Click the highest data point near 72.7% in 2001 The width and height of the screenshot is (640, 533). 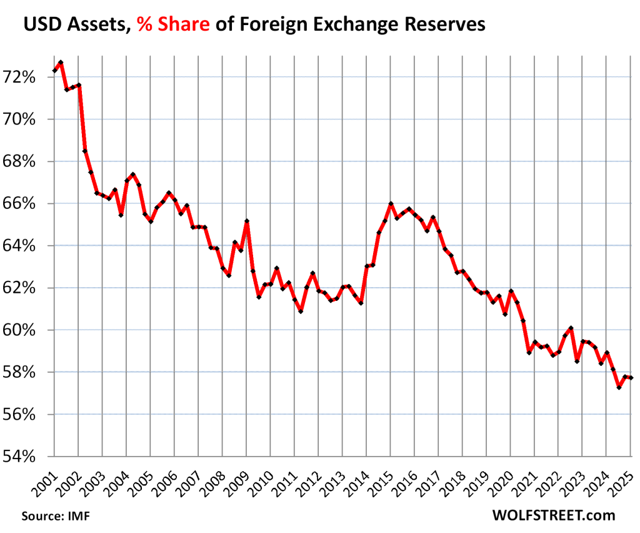coord(61,63)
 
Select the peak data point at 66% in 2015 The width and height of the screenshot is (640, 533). coord(391,204)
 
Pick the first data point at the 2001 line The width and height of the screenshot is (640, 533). coord(54,71)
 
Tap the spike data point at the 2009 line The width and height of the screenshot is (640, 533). coord(247,221)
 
